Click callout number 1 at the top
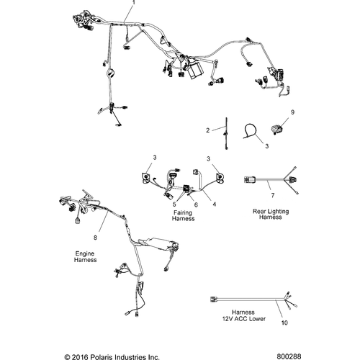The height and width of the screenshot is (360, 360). (x=134, y=2)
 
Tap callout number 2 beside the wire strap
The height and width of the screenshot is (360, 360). (x=208, y=130)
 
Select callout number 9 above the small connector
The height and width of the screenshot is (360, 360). (x=292, y=112)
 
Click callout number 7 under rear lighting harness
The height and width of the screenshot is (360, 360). (x=273, y=196)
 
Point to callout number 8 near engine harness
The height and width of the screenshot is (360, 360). (x=95, y=238)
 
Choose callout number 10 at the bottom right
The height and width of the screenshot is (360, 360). (x=284, y=323)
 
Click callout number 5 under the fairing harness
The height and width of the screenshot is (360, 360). (x=174, y=204)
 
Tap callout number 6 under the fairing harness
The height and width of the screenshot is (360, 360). (x=196, y=204)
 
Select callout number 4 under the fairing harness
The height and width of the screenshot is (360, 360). (x=215, y=204)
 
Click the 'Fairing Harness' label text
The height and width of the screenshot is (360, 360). (x=183, y=215)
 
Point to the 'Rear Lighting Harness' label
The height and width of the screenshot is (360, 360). (x=271, y=214)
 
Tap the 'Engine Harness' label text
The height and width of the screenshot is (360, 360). (x=85, y=256)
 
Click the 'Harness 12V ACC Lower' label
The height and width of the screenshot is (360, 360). (x=244, y=315)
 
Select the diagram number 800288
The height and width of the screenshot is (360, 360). (x=289, y=356)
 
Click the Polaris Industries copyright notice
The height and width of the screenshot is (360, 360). (x=112, y=357)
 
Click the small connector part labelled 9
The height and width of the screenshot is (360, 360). (x=276, y=129)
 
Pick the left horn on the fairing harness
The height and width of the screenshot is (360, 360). (x=146, y=178)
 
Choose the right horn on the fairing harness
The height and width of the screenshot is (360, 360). (x=220, y=177)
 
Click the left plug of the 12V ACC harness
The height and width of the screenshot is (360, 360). (x=214, y=299)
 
